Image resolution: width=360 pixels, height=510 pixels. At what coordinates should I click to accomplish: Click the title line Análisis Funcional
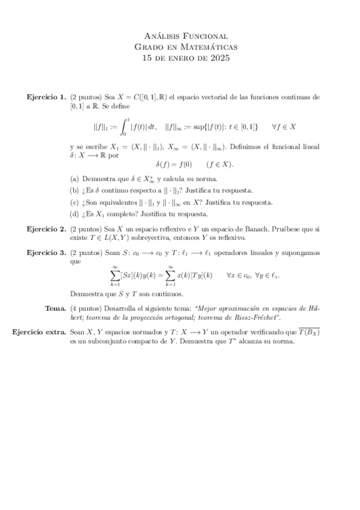click(186, 36)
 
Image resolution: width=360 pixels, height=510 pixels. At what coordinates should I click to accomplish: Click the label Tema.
click(55, 308)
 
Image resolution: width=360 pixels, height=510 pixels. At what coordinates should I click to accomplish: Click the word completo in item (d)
click(127, 214)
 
